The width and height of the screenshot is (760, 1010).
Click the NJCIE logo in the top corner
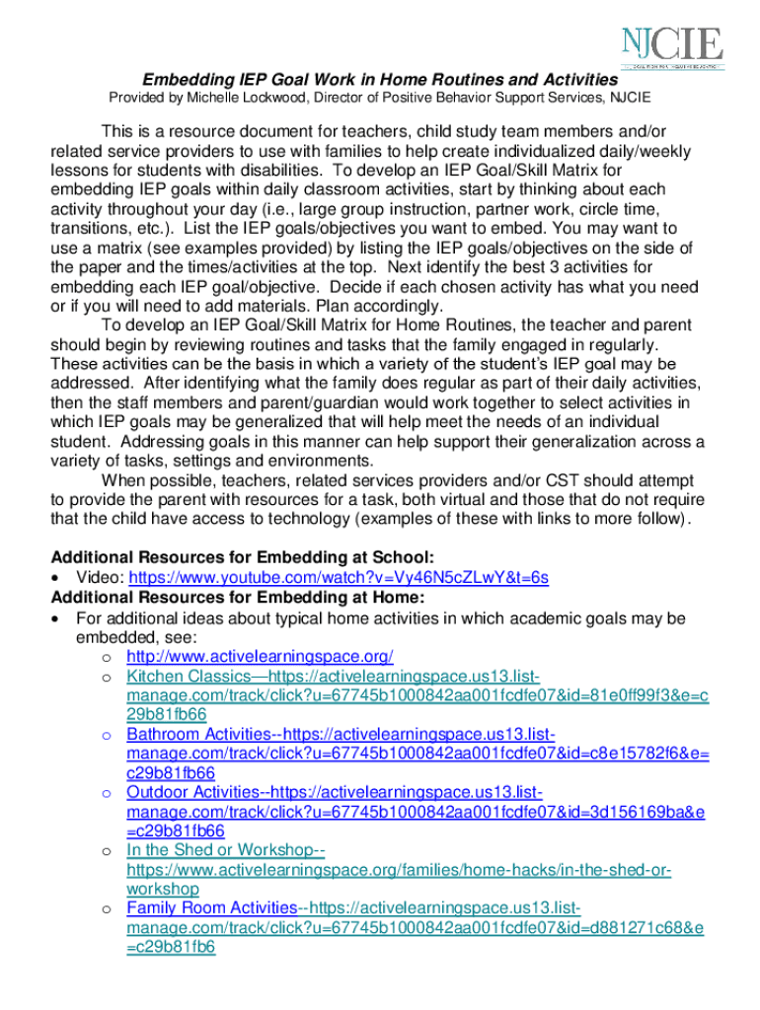(671, 46)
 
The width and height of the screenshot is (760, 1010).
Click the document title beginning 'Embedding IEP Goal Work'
(380, 79)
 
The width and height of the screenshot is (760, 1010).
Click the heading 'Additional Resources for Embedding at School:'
(243, 557)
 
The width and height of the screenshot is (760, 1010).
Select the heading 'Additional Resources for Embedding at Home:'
(238, 598)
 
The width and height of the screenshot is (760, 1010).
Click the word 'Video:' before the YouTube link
(100, 578)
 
